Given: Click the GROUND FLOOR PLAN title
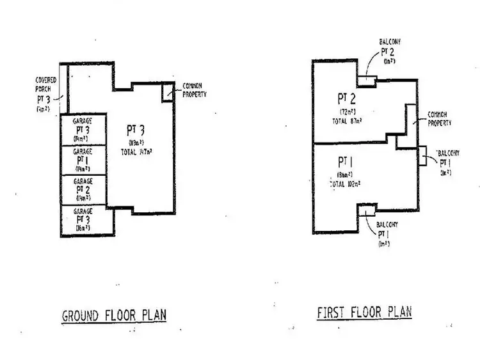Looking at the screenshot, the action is pyautogui.click(x=113, y=316).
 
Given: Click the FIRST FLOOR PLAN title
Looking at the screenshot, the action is pyautogui.click(x=364, y=312).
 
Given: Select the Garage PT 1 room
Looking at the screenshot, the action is pyautogui.click(x=83, y=160).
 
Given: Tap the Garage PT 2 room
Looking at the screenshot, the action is pyautogui.click(x=83, y=190).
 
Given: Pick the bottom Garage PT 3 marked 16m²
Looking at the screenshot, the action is pyautogui.click(x=83, y=219).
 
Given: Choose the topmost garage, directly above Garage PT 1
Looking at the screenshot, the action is pyautogui.click(x=83, y=130).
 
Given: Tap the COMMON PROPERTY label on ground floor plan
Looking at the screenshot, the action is pyautogui.click(x=196, y=90).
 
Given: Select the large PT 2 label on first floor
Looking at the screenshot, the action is pyautogui.click(x=346, y=98).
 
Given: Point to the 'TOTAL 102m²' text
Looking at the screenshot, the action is pyautogui.click(x=346, y=184).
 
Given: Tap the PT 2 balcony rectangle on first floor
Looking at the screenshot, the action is pyautogui.click(x=366, y=81).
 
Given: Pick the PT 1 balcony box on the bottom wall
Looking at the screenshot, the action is pyautogui.click(x=367, y=210).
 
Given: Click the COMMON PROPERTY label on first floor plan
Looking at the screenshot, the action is pyautogui.click(x=440, y=119).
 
